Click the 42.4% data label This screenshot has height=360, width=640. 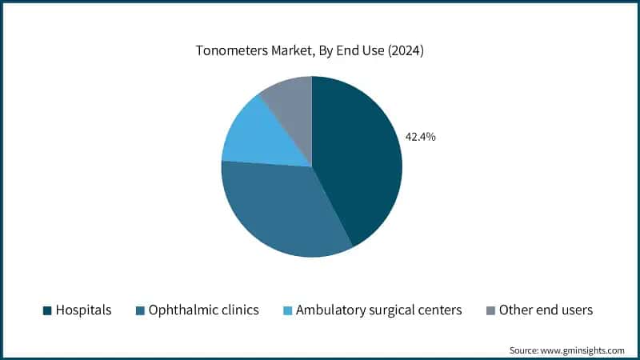tap(420, 137)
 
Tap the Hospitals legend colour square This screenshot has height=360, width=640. tap(46, 310)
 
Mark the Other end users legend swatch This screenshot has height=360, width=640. tap(490, 310)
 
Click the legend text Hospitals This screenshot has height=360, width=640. tap(83, 310)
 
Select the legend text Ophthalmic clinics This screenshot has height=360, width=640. tap(203, 310)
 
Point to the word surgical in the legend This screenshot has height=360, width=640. tap(390, 310)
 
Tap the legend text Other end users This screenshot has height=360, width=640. tap(546, 310)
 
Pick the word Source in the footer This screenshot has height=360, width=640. tap(525, 350)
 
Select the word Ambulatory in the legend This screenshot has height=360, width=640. tap(328, 310)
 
